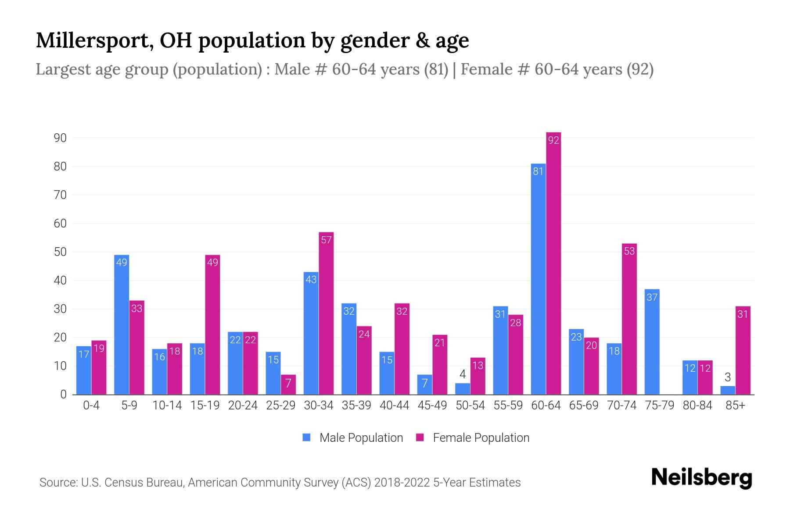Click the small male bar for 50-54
coord(462,389)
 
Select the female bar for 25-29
coord(288,384)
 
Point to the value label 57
coord(326,240)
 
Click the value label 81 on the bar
coord(538,171)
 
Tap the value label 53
coord(629,251)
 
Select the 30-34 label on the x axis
coord(319,405)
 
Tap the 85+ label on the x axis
coord(735,405)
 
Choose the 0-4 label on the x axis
coord(91,405)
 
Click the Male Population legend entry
coord(353,437)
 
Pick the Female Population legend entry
coord(473,437)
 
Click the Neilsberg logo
coord(701,477)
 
